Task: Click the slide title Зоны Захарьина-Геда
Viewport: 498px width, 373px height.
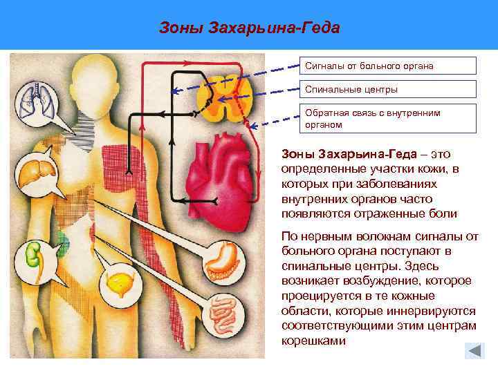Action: (x=249, y=28)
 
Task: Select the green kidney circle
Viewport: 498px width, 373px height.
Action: (x=33, y=258)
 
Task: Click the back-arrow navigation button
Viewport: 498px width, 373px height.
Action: (x=474, y=350)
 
